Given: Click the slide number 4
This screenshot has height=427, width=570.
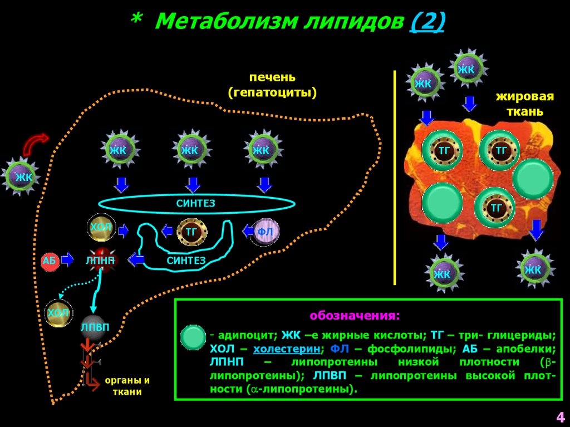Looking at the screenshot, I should [x=560, y=416].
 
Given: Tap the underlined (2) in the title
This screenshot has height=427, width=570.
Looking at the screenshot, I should [x=427, y=22].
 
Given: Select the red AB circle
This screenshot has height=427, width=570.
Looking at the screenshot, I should [x=50, y=260].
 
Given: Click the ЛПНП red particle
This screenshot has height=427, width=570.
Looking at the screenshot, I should [x=100, y=260].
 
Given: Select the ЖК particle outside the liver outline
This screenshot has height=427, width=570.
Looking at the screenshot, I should [x=23, y=177].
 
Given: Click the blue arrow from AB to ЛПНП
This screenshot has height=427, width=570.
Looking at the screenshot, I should [x=67, y=259].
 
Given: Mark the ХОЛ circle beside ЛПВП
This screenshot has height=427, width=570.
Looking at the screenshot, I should [x=58, y=313].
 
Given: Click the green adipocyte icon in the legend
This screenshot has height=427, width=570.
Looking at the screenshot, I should [x=194, y=337].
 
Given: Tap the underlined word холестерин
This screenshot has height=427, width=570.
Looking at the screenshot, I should [x=288, y=350].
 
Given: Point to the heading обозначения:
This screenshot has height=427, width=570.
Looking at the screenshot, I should [x=355, y=316].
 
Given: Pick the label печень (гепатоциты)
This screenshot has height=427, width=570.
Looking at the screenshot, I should [x=272, y=85].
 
